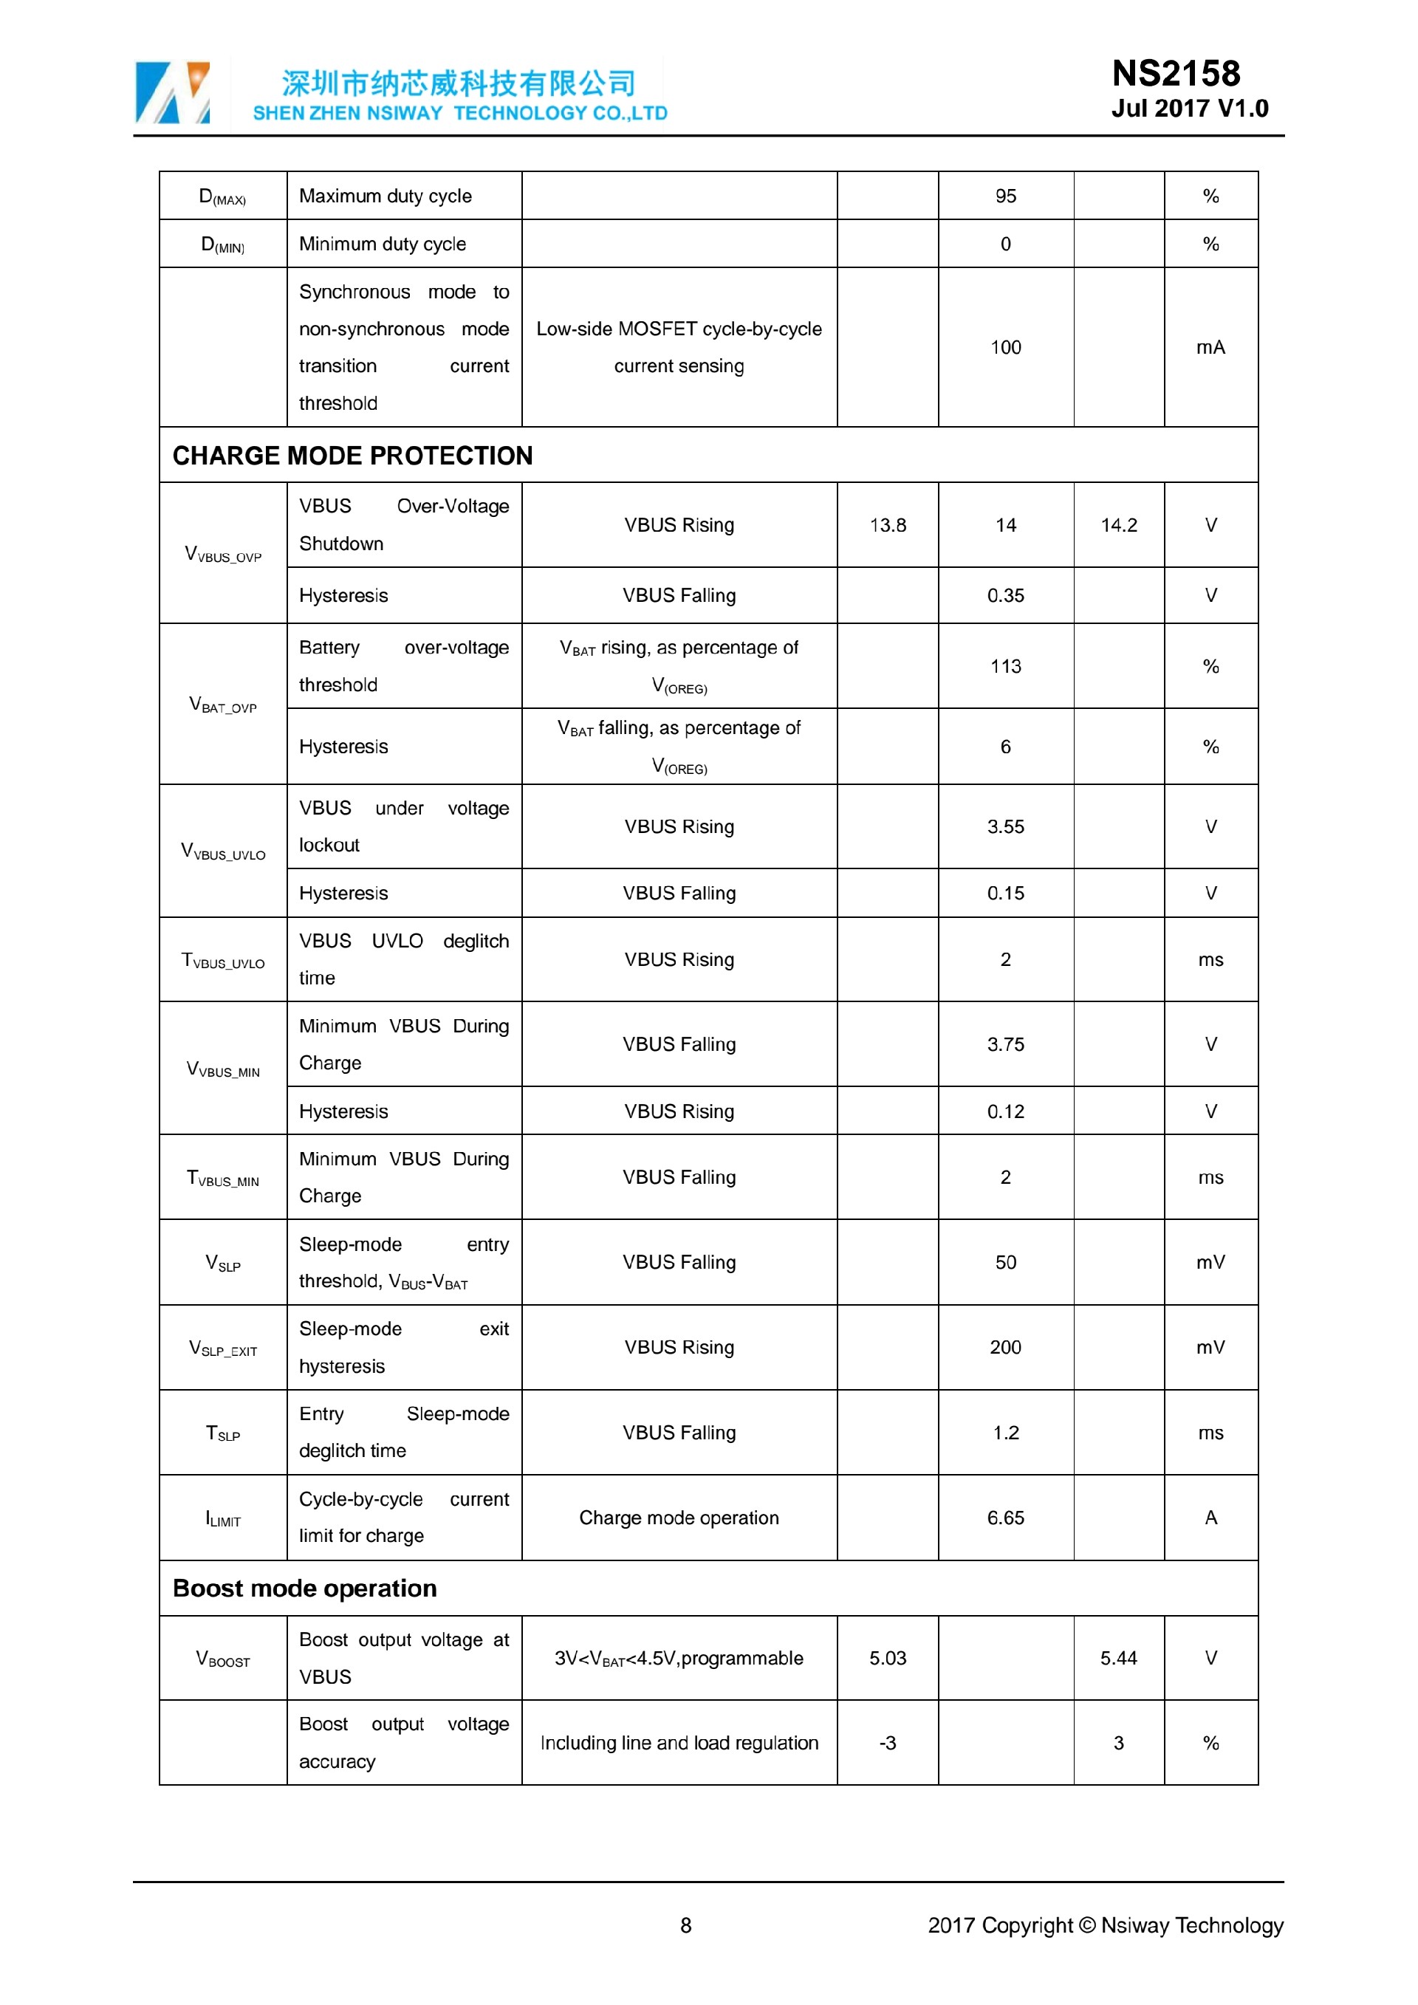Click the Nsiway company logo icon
click(172, 92)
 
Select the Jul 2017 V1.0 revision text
click(1189, 109)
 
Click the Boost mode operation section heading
click(305, 1588)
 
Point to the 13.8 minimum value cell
click(887, 525)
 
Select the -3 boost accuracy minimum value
click(887, 1743)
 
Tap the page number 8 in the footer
click(685, 1925)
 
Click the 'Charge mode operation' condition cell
click(679, 1518)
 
